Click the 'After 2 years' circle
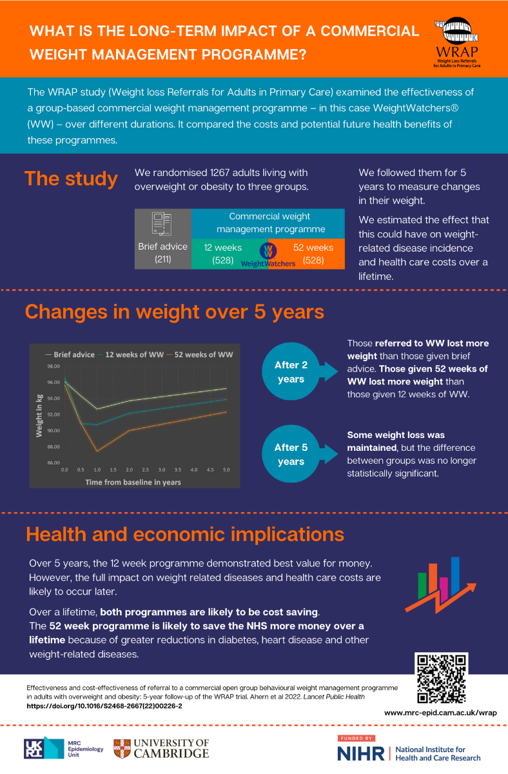[x=291, y=372]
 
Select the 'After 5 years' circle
[x=291, y=454]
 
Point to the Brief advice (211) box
[x=163, y=239]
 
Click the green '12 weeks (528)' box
[x=222, y=254]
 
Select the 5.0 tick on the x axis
[x=226, y=470]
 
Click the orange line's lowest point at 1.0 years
[x=97, y=451]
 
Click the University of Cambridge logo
[x=161, y=748]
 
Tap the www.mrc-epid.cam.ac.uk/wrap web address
[x=440, y=713]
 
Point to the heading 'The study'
[x=71, y=179]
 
